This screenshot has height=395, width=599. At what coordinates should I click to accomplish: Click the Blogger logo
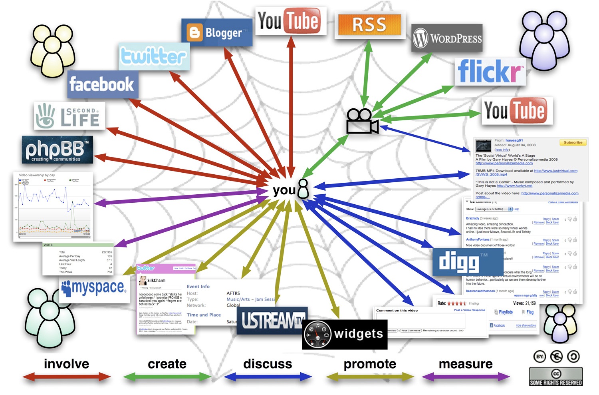[x=217, y=32]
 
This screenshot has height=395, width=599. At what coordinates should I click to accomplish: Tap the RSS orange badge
[x=369, y=25]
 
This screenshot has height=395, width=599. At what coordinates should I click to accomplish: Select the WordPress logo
[x=447, y=38]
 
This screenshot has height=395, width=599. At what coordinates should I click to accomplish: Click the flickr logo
[x=490, y=72]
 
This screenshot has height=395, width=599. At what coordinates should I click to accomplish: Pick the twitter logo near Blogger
[x=154, y=56]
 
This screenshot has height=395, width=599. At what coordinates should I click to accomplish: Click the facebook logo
[x=102, y=84]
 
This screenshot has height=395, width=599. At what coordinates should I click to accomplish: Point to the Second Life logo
[x=69, y=116]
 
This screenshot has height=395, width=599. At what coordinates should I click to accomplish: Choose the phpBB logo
[x=57, y=150]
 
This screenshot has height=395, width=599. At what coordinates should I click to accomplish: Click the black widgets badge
[x=345, y=334]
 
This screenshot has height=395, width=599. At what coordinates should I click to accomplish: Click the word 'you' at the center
[x=284, y=190]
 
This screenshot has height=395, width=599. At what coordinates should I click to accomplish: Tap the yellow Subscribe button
[x=573, y=143]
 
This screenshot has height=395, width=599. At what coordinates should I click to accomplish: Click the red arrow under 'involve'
[x=66, y=377]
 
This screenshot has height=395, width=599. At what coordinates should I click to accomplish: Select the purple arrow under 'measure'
[x=466, y=377]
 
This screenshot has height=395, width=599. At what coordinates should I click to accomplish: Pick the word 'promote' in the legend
[x=370, y=364]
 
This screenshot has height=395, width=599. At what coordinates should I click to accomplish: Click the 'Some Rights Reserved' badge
[x=555, y=377]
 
